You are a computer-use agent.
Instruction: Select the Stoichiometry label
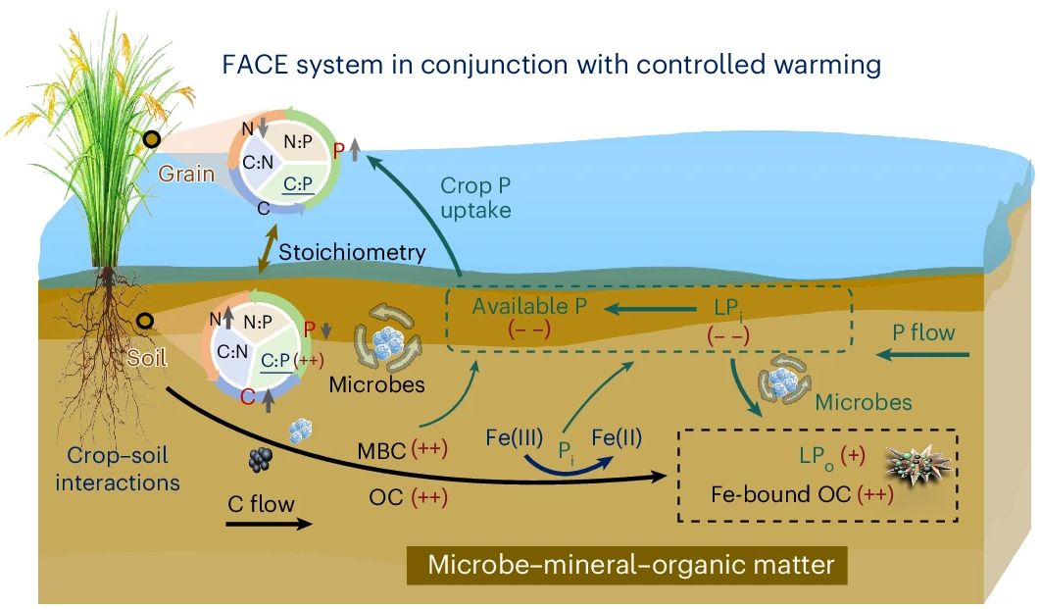[x=352, y=252]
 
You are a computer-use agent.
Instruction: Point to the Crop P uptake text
[x=475, y=197]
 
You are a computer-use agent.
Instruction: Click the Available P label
[x=528, y=306]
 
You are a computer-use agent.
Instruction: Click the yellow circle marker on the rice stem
[x=152, y=141]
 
